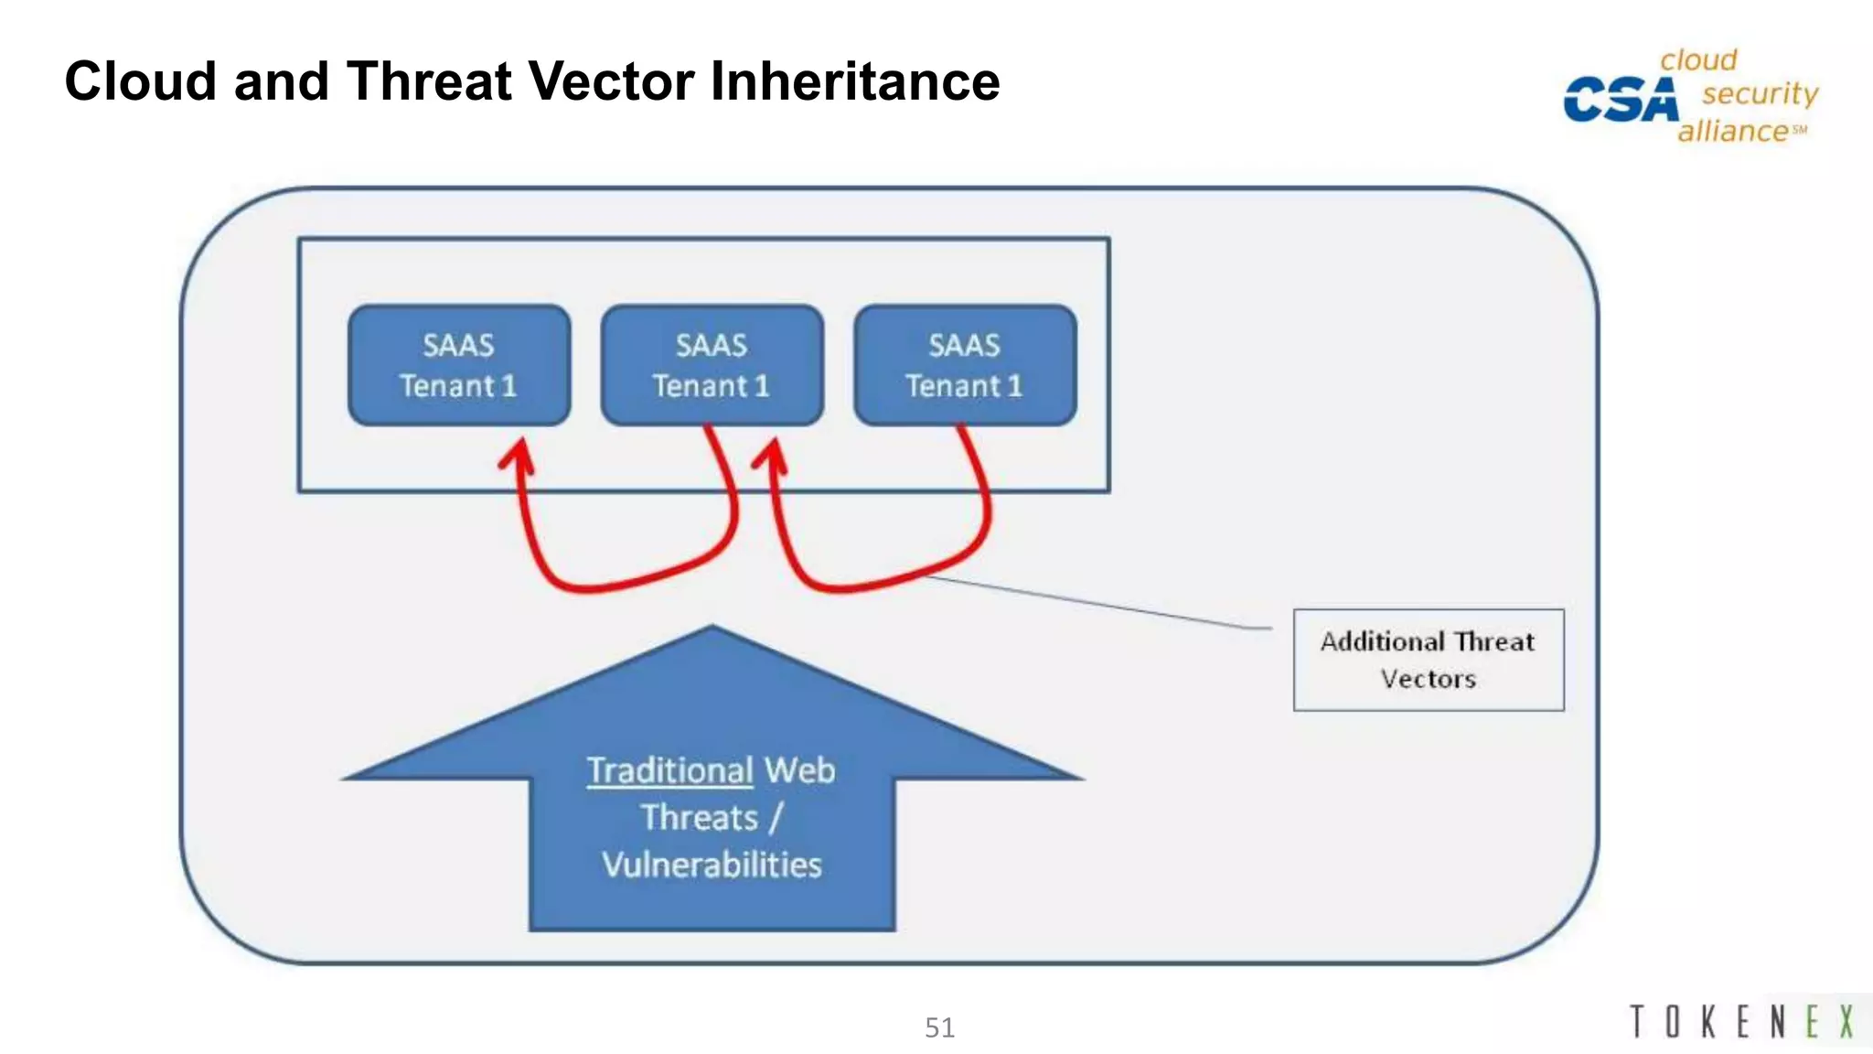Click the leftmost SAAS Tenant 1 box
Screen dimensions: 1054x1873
459,365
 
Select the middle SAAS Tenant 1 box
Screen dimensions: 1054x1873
712,365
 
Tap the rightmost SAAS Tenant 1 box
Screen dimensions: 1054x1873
965,365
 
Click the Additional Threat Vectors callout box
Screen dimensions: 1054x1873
1428,660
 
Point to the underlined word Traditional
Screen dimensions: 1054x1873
669,770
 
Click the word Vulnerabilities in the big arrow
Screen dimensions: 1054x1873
712,865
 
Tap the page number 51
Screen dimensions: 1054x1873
939,1027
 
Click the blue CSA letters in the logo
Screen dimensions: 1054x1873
1621,99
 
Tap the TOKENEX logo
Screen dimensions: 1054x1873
1742,1022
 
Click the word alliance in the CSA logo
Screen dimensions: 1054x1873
1732,131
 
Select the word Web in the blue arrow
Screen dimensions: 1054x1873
799,770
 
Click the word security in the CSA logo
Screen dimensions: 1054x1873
1760,93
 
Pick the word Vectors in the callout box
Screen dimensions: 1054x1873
1428,679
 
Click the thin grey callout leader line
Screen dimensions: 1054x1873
1097,603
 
